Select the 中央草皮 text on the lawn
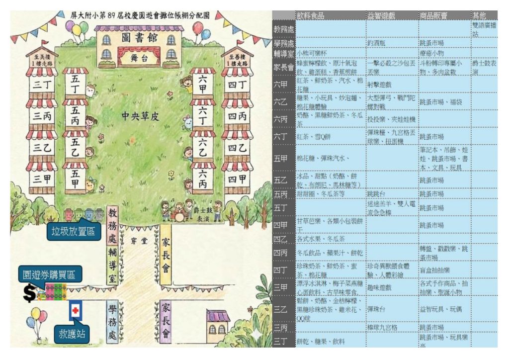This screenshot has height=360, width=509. (x=140, y=116)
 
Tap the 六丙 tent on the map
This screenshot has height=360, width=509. (x=203, y=177)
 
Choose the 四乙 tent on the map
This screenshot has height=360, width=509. (x=237, y=148)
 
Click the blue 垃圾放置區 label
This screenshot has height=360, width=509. (x=74, y=232)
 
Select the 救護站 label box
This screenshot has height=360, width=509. (x=74, y=334)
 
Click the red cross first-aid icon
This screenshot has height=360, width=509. (x=76, y=310)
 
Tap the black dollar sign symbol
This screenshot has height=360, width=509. (x=30, y=293)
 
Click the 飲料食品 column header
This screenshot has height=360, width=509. (x=310, y=15)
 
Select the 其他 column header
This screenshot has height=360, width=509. (x=479, y=15)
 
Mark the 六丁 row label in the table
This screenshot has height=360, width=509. (x=281, y=136)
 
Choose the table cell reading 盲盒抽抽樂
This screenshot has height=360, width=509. (x=435, y=270)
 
